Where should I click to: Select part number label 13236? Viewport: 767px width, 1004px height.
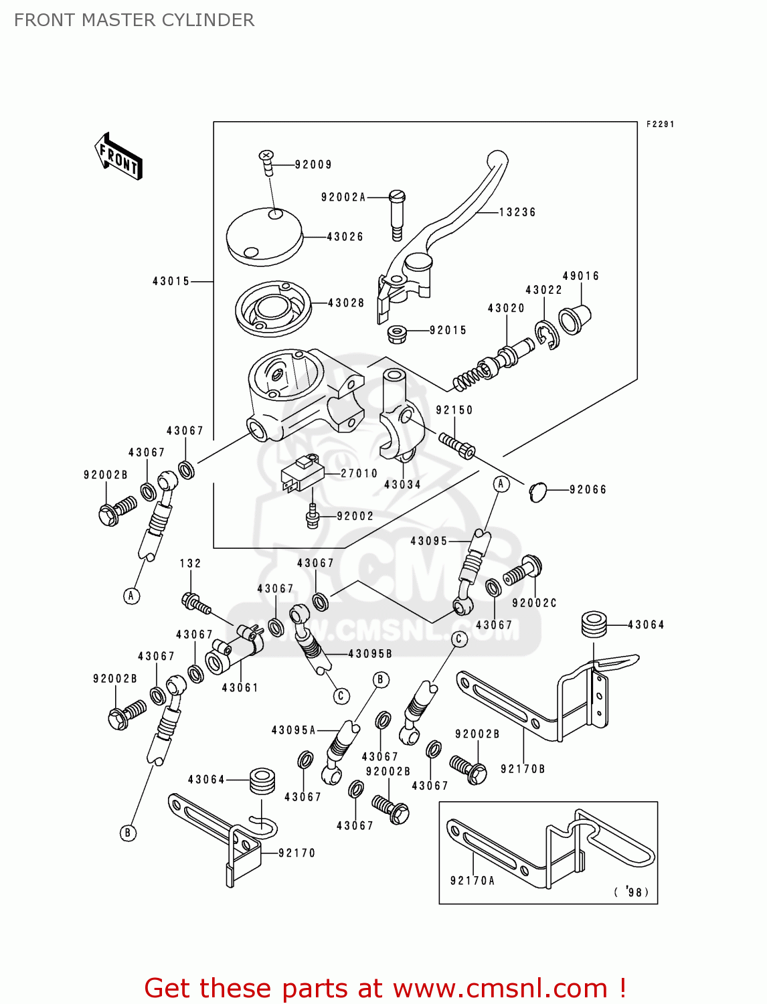pos(517,212)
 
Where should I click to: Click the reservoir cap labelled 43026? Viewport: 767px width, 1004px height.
pos(263,236)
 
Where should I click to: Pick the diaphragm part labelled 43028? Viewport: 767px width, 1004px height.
pos(273,309)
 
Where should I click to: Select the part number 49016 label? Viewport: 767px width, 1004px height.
pos(580,276)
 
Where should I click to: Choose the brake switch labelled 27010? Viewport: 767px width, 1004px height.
pos(302,473)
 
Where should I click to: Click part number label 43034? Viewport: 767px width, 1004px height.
pos(402,484)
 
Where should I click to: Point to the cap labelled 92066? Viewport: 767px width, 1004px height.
pos(538,492)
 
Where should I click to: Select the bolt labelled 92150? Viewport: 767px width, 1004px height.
pos(457,445)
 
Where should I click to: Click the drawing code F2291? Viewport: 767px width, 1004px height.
pos(660,124)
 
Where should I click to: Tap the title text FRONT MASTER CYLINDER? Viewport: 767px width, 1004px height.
pos(135,20)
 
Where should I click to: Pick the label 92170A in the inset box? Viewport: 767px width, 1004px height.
pos(473,881)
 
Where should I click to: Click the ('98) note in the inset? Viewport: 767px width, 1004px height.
pos(631,892)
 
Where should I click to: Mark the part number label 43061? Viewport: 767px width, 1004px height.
pos(240,687)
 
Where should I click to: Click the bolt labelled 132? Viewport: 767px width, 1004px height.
pos(196,603)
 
